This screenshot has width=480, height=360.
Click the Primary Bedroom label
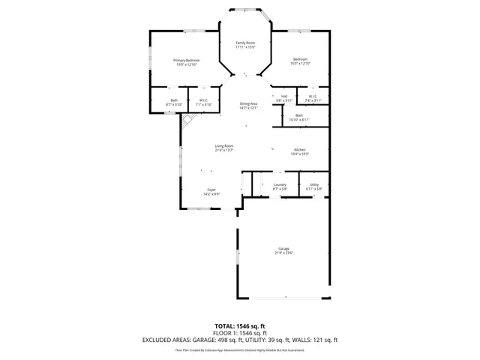(187, 62)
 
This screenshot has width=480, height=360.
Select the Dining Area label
(248, 106)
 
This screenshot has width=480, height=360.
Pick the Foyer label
(211, 192)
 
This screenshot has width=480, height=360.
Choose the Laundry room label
(280, 187)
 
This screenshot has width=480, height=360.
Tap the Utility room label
(314, 187)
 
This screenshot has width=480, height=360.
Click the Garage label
(283, 250)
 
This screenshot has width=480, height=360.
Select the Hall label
(284, 98)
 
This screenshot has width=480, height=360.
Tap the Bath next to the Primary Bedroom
(174, 103)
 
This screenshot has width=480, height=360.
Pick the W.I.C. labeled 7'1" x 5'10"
(204, 103)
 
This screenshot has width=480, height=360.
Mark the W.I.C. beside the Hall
(313, 98)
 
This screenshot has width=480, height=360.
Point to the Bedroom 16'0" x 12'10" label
(300, 61)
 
